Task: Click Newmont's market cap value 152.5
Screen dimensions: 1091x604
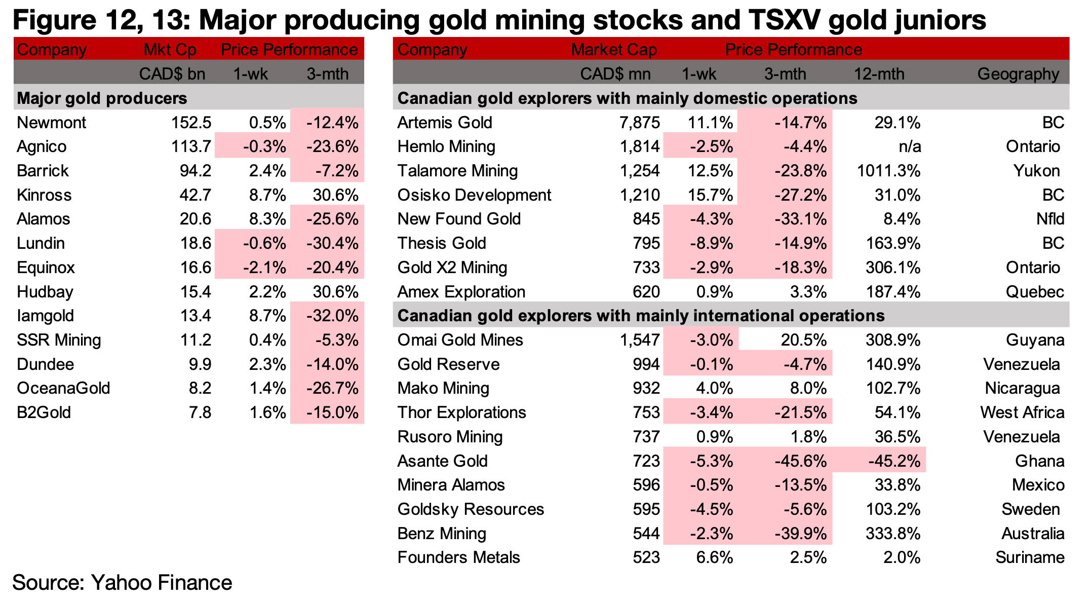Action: tap(191, 123)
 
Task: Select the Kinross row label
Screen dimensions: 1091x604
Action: tap(44, 195)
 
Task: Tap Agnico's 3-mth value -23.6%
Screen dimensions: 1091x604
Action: tap(332, 147)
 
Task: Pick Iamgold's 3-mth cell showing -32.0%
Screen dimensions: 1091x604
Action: tap(332, 316)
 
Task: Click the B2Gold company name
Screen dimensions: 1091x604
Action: tap(44, 413)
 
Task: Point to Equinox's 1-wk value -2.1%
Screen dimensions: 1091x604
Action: tap(264, 268)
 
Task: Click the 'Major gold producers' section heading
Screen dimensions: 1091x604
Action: tap(102, 98)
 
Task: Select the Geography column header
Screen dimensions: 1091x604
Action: tap(1018, 74)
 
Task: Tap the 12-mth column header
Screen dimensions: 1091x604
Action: tap(879, 74)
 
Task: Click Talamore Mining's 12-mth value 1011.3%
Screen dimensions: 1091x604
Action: tap(888, 171)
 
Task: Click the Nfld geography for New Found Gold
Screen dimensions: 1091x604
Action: tap(1050, 219)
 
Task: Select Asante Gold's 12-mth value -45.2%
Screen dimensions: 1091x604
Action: tap(894, 461)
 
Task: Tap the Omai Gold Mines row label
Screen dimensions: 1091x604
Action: tap(460, 340)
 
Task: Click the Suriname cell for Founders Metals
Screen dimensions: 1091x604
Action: tap(1030, 558)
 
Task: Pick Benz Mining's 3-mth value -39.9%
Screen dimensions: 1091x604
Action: tap(801, 534)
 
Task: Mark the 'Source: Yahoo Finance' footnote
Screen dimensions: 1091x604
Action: tap(122, 583)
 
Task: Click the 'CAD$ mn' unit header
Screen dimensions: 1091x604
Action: tap(615, 74)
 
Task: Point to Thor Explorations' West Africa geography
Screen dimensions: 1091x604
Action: tap(1022, 413)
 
